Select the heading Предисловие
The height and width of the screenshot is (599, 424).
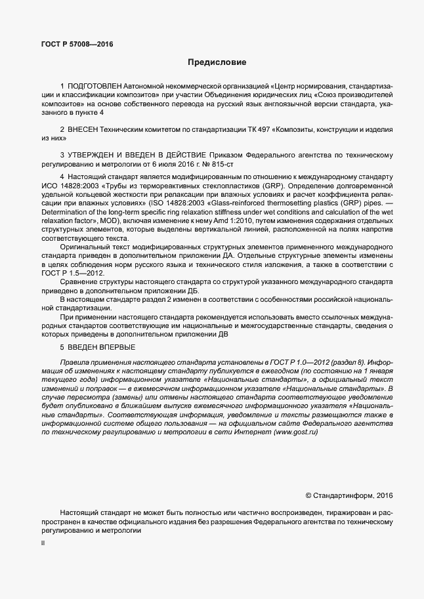217,63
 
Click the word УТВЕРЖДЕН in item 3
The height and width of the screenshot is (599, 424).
95,155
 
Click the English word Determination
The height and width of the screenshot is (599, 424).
66,213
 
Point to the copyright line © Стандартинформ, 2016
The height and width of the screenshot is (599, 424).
349,496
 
